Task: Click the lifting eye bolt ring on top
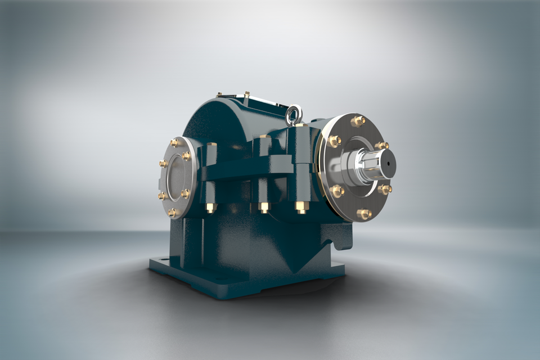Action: pos(294,115)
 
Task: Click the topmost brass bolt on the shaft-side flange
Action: pos(358,121)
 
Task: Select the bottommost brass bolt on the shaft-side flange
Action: pos(364,214)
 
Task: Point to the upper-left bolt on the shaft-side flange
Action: pos(335,141)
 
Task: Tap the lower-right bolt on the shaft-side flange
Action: pos(385,189)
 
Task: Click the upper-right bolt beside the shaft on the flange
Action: pos(382,146)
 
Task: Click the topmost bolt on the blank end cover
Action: pos(175,142)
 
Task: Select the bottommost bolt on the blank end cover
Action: pos(173,212)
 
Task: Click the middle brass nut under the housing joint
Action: pos(264,208)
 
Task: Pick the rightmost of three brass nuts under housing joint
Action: pos(301,208)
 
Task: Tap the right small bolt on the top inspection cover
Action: pos(246,94)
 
